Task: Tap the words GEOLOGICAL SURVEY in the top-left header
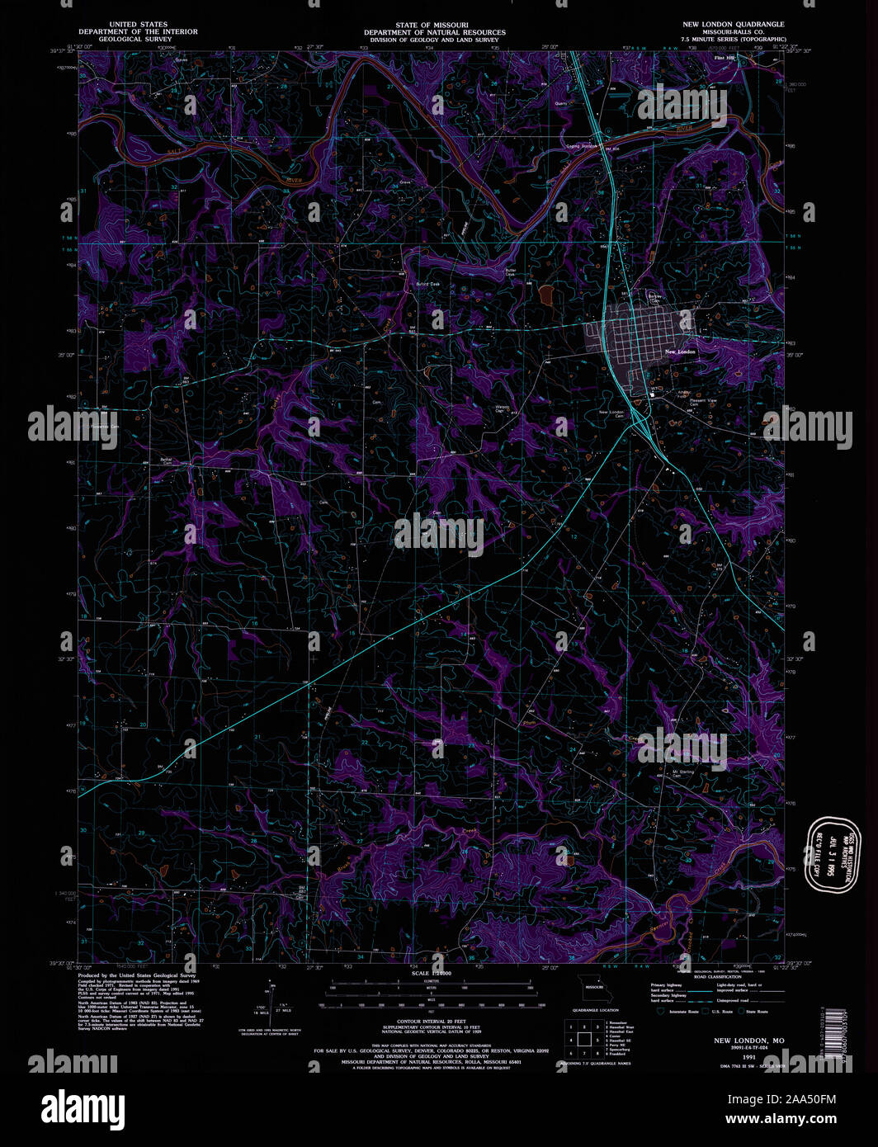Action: click(x=135, y=39)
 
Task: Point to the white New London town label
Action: click(x=680, y=352)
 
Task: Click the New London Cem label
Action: click(x=611, y=413)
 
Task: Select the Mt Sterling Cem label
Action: click(x=670, y=773)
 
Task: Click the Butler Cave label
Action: click(x=512, y=271)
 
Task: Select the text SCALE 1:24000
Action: click(x=432, y=975)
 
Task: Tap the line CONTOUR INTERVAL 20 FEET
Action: click(x=432, y=1022)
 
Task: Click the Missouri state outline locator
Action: click(x=592, y=987)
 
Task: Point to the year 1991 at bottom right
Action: click(x=748, y=1056)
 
